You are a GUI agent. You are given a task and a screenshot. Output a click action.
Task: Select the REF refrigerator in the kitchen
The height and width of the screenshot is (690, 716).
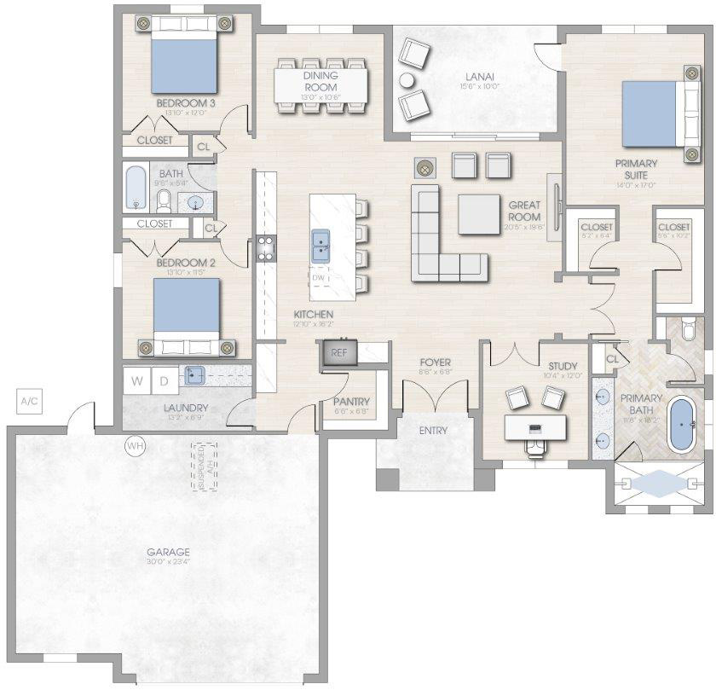point(339,353)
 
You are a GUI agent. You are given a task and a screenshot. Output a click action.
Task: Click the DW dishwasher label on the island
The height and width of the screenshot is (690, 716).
point(319,277)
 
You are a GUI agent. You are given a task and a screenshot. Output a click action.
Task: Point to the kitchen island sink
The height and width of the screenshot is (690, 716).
point(321,246)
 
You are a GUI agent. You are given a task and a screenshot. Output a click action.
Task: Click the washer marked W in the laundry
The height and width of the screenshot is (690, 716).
point(136,380)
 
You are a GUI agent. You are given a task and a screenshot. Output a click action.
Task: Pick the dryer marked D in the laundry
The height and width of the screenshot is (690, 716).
point(164,380)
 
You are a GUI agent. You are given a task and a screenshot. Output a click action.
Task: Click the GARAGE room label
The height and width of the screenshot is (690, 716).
point(167,552)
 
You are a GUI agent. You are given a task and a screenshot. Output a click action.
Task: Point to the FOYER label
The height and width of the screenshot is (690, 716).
point(435,362)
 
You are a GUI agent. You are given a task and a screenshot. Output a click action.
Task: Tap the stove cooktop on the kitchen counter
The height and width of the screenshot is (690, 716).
point(265,248)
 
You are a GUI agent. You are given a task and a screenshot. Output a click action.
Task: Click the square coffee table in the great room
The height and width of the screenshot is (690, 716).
point(479,214)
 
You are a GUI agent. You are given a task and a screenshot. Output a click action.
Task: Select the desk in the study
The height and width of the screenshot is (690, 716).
point(536,426)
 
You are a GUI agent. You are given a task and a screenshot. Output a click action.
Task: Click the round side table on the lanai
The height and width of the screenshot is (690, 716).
point(407,81)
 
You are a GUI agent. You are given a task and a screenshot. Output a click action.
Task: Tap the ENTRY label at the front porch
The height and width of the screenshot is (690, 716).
point(433,430)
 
